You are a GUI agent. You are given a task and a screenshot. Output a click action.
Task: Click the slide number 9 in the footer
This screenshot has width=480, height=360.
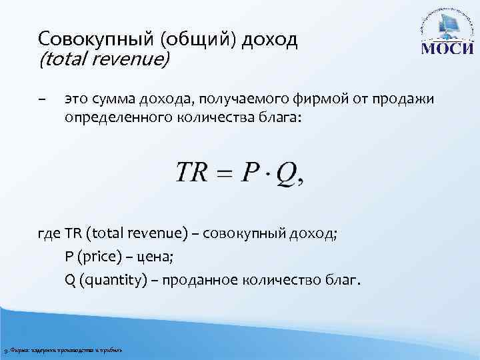click(x=5, y=351)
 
